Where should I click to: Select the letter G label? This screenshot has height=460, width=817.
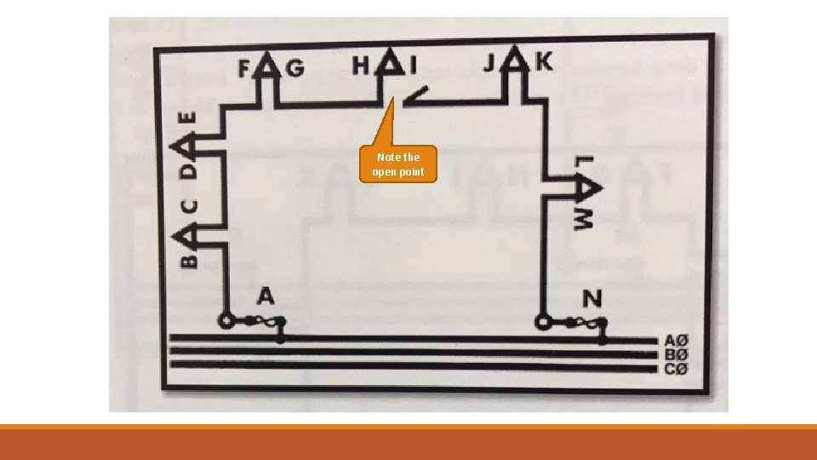[294, 68]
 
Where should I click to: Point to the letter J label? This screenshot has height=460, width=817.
[493, 64]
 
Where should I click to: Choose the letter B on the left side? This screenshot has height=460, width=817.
[189, 256]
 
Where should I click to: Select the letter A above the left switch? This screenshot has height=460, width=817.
[266, 296]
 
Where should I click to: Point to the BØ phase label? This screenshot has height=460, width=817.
[676, 354]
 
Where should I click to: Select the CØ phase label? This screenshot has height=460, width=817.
[676, 368]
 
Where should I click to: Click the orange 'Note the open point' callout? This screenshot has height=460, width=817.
[397, 164]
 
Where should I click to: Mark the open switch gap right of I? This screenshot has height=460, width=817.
[416, 97]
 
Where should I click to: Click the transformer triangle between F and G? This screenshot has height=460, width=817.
[269, 65]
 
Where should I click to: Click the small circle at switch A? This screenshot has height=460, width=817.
[227, 322]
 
